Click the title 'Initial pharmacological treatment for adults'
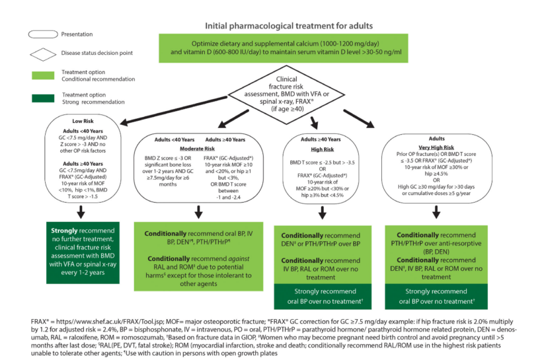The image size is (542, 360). (289, 26)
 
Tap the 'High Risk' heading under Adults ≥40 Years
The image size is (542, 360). (322, 150)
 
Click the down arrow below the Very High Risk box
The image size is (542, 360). (436, 211)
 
